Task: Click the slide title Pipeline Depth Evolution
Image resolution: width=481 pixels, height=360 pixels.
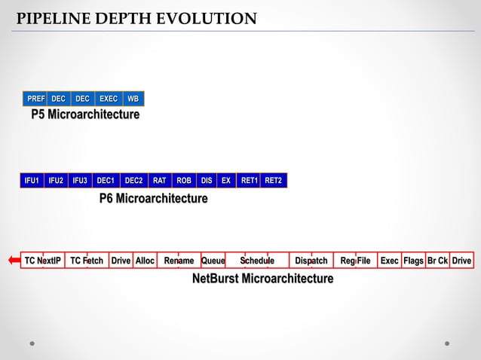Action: pos(136,18)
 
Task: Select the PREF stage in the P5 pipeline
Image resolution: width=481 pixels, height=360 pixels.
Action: pos(35,99)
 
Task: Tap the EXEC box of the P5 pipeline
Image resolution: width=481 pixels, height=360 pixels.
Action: pos(109,99)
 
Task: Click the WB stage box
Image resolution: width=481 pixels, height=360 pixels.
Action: pos(133,99)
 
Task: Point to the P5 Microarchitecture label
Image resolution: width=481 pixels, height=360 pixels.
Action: pos(85,115)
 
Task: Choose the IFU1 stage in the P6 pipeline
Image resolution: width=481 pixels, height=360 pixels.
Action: pos(32,181)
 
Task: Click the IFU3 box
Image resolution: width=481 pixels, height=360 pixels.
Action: pos(80,181)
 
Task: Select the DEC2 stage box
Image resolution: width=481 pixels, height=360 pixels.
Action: pos(133,181)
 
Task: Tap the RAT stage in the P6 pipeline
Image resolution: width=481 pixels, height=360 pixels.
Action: pos(160,181)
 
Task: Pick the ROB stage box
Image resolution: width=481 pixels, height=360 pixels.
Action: pos(183,181)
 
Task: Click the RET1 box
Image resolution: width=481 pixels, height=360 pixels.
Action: pos(249,181)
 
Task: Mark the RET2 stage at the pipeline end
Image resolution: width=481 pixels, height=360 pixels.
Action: pos(273,181)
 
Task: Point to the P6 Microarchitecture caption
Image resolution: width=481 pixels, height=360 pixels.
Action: pos(153,199)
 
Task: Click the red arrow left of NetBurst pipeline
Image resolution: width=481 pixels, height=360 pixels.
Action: pos(14,261)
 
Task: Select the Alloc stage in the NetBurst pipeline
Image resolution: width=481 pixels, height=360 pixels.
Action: pos(145,261)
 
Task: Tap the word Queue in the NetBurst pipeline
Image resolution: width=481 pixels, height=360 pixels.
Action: pos(213,261)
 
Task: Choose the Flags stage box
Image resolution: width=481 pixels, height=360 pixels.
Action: pos(413,261)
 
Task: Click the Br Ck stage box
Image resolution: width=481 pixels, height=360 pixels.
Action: pos(437,261)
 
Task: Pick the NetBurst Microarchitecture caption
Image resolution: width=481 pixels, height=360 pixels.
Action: pos(262,279)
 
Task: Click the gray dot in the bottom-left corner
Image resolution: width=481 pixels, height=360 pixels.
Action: pos(32,343)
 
